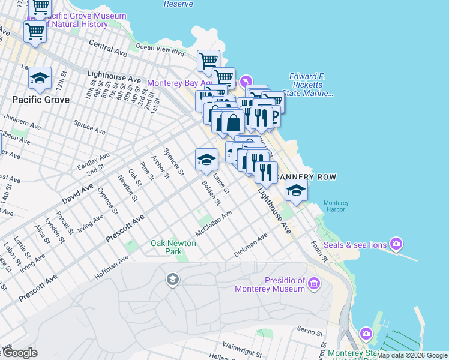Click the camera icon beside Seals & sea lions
(x=396, y=244)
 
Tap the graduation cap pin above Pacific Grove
(x=40, y=78)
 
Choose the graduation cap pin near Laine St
(x=206, y=160)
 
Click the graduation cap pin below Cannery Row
(x=296, y=191)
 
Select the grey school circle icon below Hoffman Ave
(x=173, y=279)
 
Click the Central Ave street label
(x=108, y=48)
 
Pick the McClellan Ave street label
(x=213, y=223)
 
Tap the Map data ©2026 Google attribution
(x=412, y=355)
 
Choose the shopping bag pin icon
(x=233, y=123)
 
